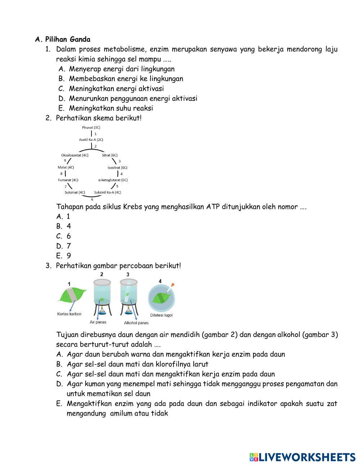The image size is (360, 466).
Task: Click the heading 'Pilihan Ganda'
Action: click(x=68, y=39)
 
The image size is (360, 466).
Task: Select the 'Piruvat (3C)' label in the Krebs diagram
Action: click(x=91, y=127)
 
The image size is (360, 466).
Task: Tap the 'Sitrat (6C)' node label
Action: click(x=109, y=155)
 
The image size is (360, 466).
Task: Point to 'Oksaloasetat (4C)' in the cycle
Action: click(x=75, y=155)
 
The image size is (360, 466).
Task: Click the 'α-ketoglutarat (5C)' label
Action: click(x=113, y=180)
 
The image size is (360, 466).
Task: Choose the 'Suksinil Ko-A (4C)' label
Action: click(x=108, y=192)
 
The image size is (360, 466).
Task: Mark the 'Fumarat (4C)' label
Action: click(x=68, y=180)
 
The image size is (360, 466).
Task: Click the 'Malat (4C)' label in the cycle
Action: click(x=66, y=167)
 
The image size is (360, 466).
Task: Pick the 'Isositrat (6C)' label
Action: click(x=117, y=167)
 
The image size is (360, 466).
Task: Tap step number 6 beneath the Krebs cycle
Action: click(x=92, y=199)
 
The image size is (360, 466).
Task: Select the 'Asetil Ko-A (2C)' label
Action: click(x=91, y=139)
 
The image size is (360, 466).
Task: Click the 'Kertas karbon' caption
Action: click(x=69, y=314)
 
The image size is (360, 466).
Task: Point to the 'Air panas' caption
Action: click(x=98, y=322)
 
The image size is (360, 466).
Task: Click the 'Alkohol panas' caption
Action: click(x=136, y=323)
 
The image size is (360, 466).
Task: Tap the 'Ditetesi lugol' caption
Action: click(x=161, y=315)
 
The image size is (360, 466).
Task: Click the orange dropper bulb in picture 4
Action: click(x=173, y=285)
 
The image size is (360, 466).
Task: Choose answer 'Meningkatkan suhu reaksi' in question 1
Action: click(x=111, y=108)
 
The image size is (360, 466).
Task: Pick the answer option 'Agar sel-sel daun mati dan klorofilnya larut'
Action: click(x=138, y=364)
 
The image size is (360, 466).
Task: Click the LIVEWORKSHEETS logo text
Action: click(x=306, y=457)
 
